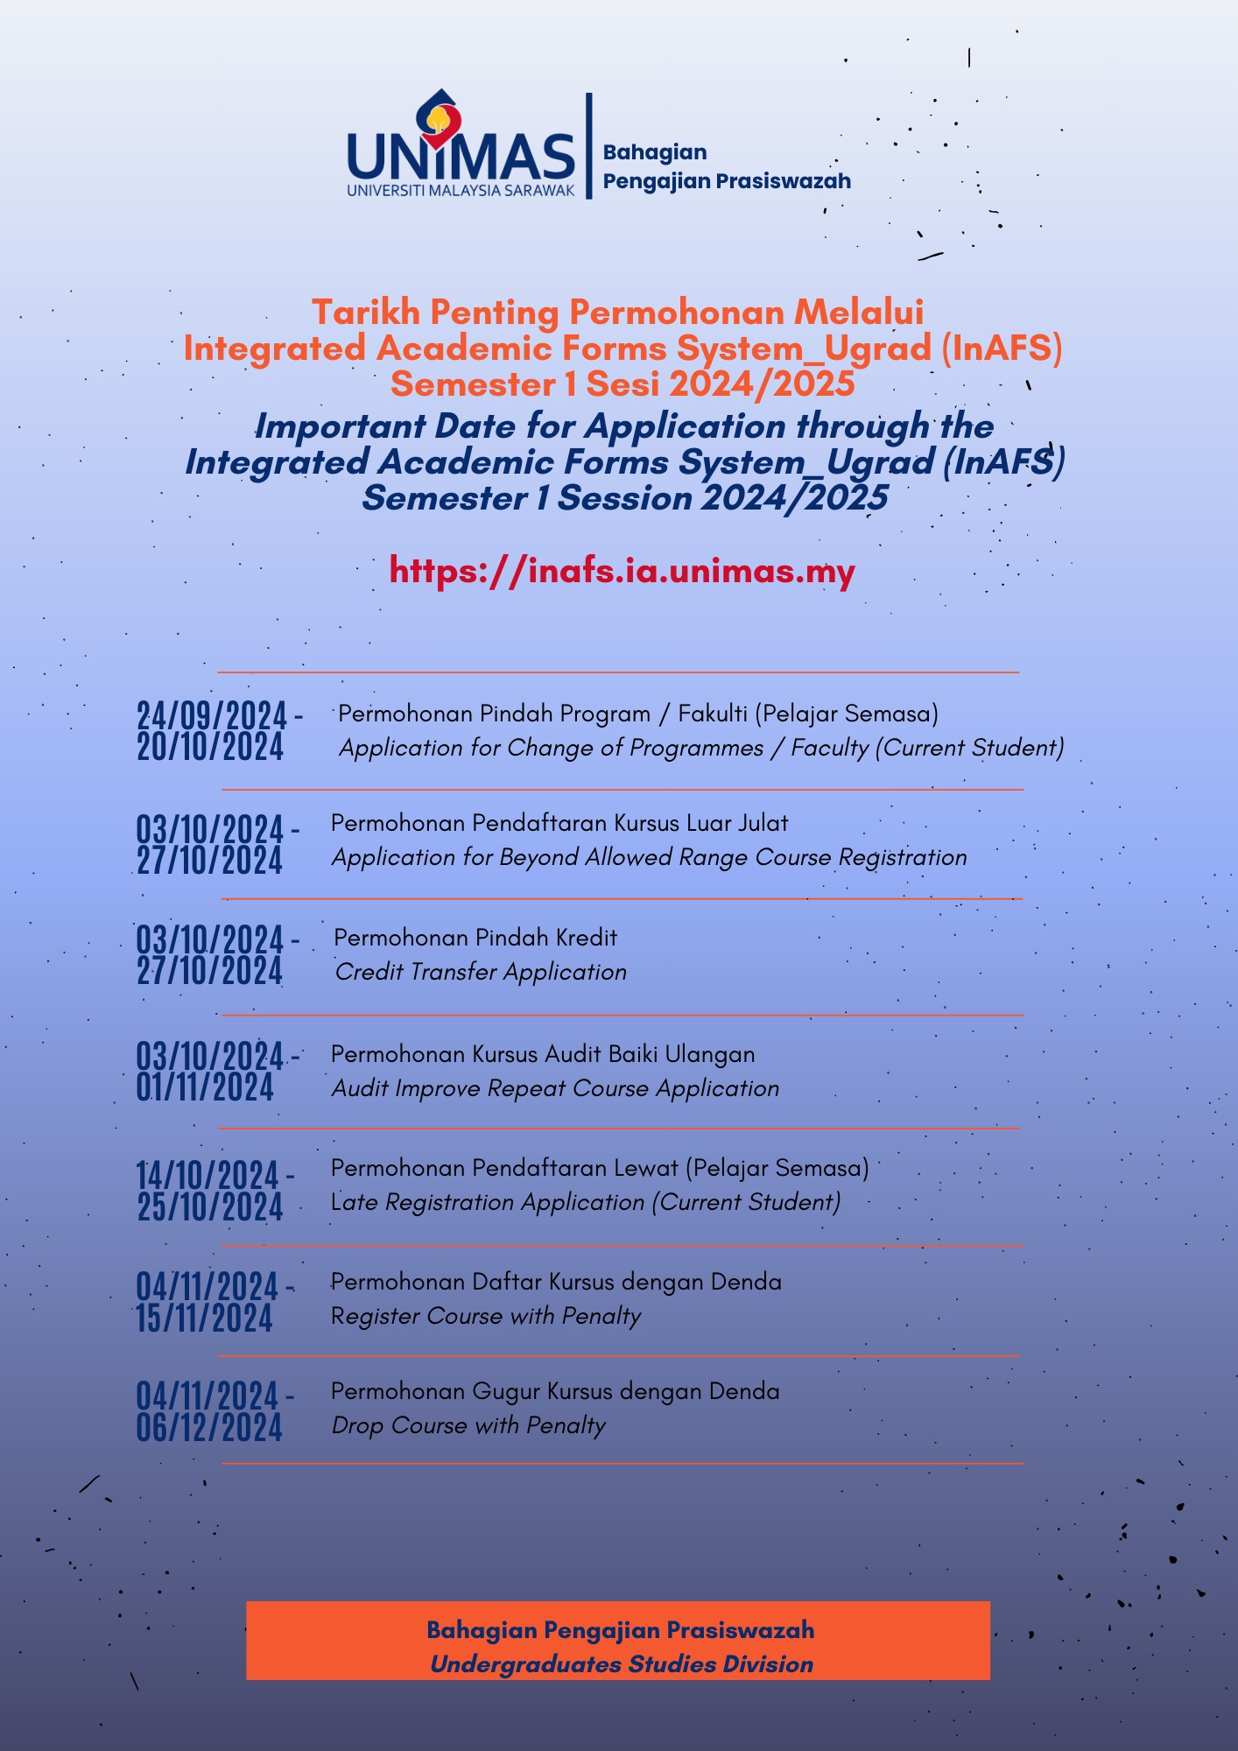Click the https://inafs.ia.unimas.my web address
[x=622, y=571]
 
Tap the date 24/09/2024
[x=212, y=716]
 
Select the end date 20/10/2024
[x=210, y=748]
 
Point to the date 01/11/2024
[x=205, y=1088]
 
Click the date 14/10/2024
[x=208, y=1175]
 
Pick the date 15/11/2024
[x=205, y=1319]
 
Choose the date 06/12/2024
[x=209, y=1428]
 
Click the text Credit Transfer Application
[x=481, y=972]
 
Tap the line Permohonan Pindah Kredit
[x=475, y=938]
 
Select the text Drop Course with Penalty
[x=468, y=1425]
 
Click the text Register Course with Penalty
[x=486, y=1316]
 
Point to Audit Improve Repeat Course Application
[x=555, y=1088]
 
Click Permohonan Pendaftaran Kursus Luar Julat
[x=559, y=823]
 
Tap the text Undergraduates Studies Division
[x=622, y=1664]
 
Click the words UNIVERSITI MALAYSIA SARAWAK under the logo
[x=461, y=190]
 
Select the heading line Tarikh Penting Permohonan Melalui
[x=618, y=313]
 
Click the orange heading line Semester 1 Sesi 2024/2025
[x=623, y=383]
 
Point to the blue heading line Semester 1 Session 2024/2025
[x=624, y=498]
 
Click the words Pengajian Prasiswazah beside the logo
[x=727, y=181]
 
